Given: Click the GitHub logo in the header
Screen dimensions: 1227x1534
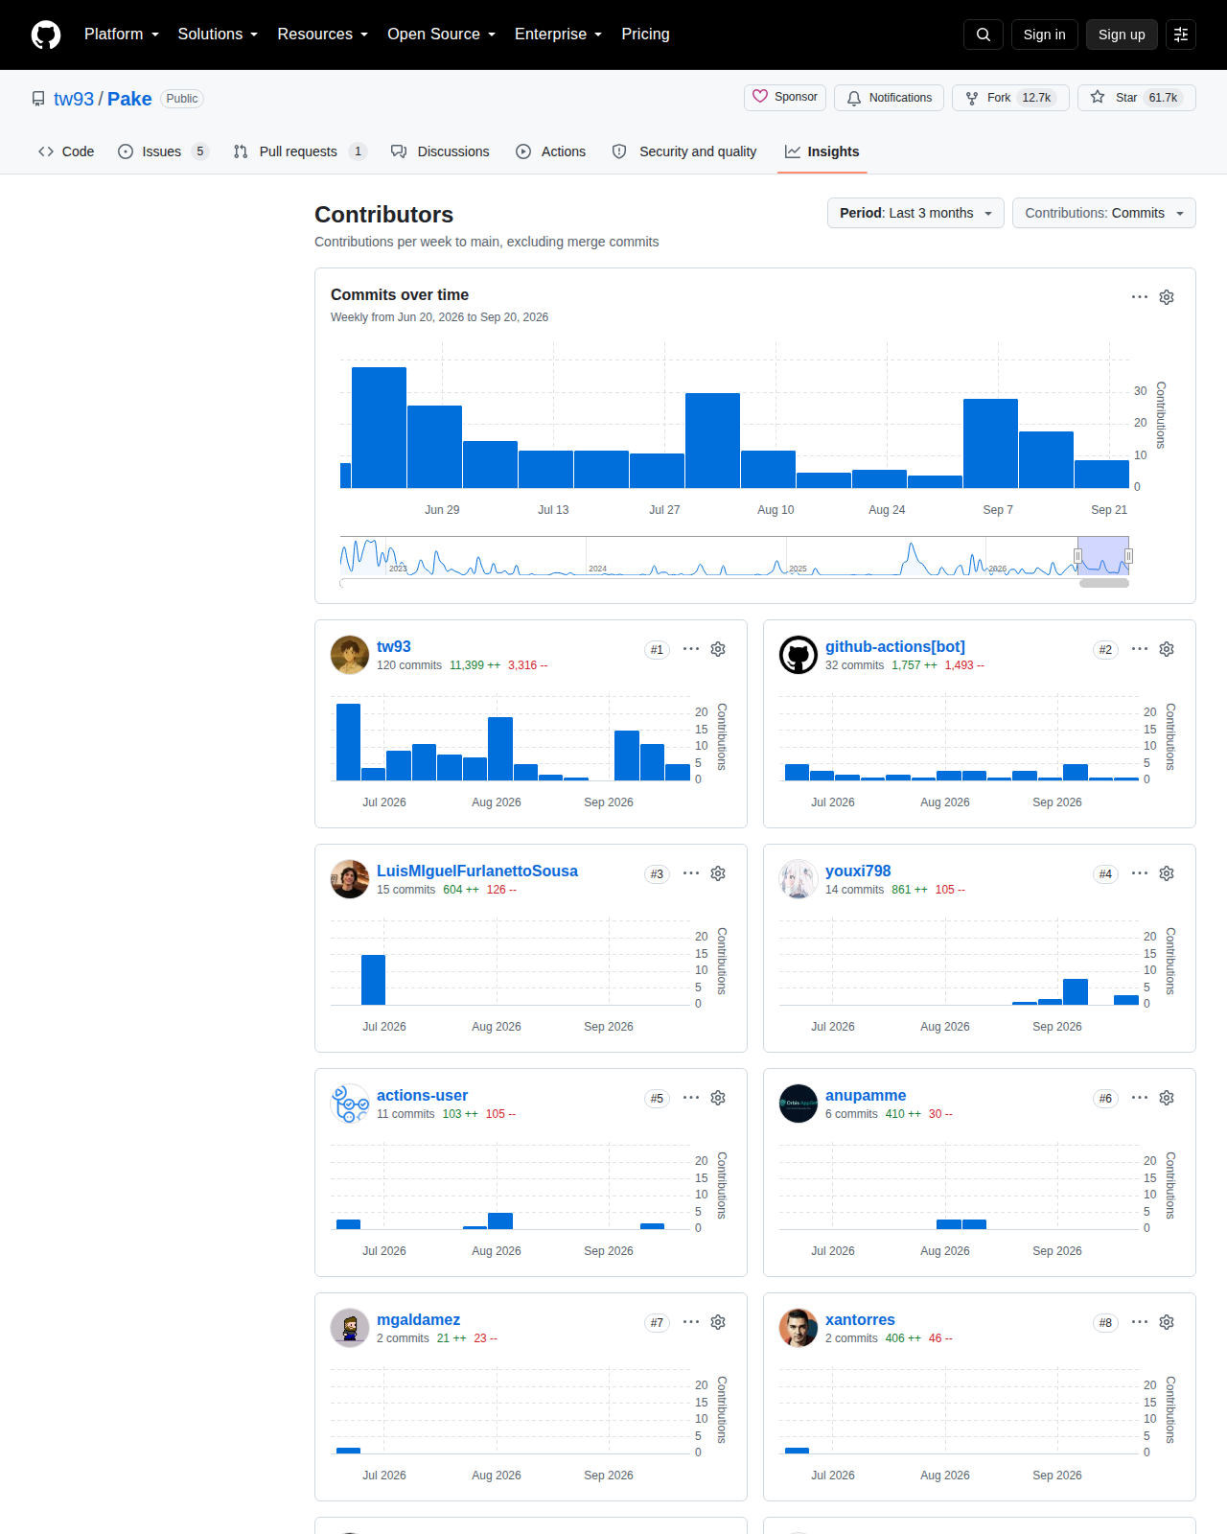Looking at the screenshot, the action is point(46,35).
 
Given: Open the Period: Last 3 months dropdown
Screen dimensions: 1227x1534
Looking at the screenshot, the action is point(914,213).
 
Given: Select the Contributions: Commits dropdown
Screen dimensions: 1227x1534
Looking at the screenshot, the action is point(1103,213).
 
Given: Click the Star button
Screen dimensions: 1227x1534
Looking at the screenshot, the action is point(1136,98).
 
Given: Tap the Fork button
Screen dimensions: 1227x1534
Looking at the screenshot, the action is point(1009,98).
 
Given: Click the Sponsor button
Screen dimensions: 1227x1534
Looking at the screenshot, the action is point(784,97).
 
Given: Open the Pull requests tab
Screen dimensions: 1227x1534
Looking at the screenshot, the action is point(299,151).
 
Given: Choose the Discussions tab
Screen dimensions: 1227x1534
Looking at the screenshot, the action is point(440,151).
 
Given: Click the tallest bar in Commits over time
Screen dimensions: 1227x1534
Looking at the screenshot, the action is point(379,428).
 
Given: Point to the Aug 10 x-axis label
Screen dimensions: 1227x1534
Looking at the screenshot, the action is point(775,510).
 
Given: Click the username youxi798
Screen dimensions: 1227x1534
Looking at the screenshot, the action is point(858,872).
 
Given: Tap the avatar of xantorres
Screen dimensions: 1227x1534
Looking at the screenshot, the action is point(798,1327).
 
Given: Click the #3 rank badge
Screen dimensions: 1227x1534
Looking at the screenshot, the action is point(657,874).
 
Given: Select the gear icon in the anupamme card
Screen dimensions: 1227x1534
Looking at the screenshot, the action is point(1166,1098).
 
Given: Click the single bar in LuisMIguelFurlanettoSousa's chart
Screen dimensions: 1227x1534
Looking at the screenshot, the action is point(373,980).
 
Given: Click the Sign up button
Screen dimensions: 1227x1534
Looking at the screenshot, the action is point(1121,35).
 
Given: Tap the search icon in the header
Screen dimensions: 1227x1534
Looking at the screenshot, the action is point(983,35).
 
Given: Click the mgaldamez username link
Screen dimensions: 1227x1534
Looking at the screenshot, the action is point(418,1319).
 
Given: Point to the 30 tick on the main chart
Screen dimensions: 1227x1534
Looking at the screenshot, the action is point(1140,390).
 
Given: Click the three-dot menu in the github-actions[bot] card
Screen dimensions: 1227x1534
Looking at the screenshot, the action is point(1140,649).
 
